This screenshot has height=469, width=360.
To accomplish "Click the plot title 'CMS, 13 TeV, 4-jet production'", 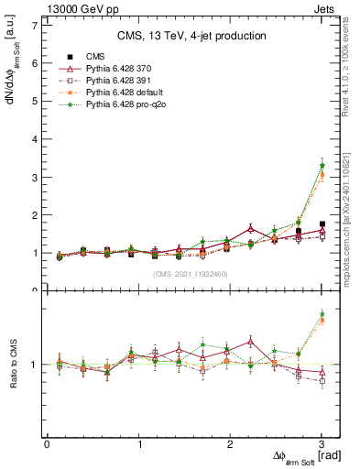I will pos(191,36).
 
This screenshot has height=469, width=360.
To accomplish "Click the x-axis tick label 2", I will pos(230,444).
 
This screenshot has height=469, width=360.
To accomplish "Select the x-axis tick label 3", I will pos(322,444).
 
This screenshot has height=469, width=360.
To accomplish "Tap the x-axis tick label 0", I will pos(47,444).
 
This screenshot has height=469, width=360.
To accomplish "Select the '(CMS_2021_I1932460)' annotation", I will pos(191,274).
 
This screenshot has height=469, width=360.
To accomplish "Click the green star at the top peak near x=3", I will pos(322,166).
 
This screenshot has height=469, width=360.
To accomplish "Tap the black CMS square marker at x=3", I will pos(322,224).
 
